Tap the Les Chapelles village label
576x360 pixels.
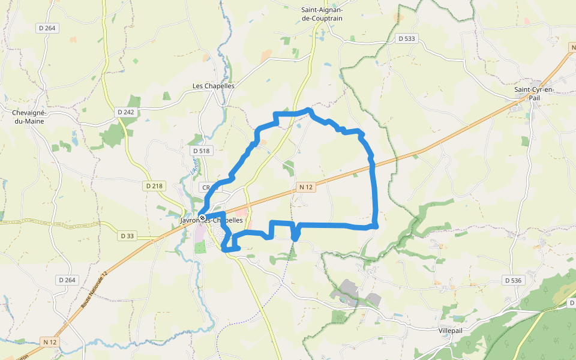point(213,86)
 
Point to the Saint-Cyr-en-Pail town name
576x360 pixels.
point(535,94)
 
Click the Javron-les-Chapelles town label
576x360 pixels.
point(207,221)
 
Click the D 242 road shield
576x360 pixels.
point(126,112)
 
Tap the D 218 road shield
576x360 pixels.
point(154,186)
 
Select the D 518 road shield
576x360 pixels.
point(202,151)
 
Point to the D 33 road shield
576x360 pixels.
point(127,236)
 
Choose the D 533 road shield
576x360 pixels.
point(406,38)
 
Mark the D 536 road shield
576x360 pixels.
point(514,280)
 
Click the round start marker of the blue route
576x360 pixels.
point(203,217)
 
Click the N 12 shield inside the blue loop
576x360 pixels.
point(305,187)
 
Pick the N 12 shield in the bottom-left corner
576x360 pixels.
point(50,342)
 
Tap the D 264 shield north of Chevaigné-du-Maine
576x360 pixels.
point(46,28)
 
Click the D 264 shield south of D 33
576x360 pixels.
point(67,280)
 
